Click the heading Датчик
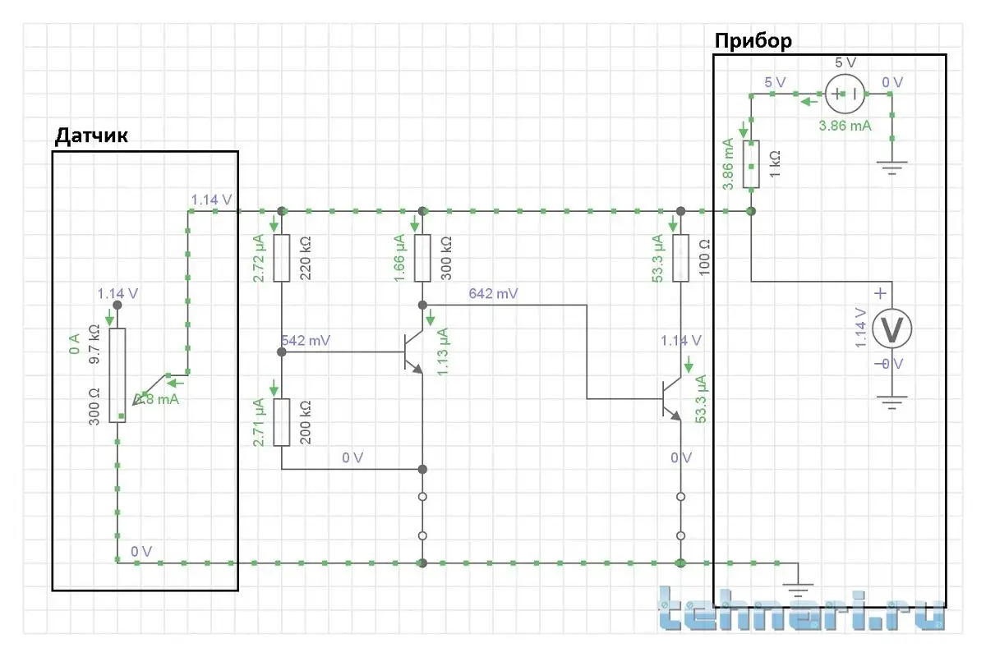(91, 136)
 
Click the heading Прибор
(753, 41)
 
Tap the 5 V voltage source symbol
(845, 94)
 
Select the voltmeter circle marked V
(892, 328)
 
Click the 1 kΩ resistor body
(751, 163)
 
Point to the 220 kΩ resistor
(282, 258)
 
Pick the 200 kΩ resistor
(282, 422)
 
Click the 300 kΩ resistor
(422, 258)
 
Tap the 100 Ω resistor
(680, 258)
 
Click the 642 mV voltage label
(493, 293)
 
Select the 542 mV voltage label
(306, 340)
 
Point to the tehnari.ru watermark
(801, 609)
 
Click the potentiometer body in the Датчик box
(117, 374)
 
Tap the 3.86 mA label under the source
(845, 126)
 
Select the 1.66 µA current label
(400, 259)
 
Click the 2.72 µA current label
(260, 259)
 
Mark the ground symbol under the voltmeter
(892, 402)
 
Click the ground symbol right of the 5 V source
(892, 168)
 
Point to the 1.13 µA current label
(443, 351)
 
